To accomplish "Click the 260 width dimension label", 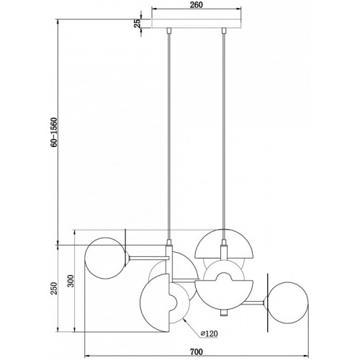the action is click(x=197, y=5).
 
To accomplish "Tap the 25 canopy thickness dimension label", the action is click(x=138, y=23).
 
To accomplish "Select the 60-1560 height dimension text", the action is click(x=54, y=132).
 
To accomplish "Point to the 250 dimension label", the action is click(x=54, y=289).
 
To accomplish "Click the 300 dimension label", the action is click(x=71, y=281).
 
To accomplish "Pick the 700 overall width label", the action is click(x=197, y=352).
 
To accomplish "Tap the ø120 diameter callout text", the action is click(x=210, y=333).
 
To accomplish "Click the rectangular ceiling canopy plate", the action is click(x=197, y=23).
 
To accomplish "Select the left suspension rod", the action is click(x=169, y=136).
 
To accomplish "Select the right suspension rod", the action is click(x=224, y=136).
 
